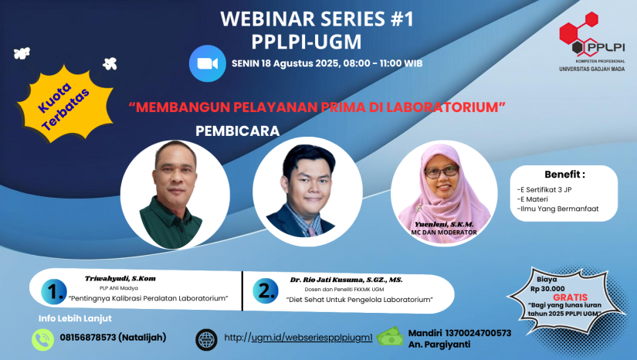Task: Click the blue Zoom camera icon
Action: pyautogui.click(x=207, y=63)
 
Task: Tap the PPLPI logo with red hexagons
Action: pyautogui.click(x=591, y=42)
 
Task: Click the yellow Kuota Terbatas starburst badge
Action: pyautogui.click(x=64, y=104)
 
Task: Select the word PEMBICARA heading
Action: pyautogui.click(x=238, y=131)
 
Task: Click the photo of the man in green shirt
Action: pyautogui.click(x=175, y=195)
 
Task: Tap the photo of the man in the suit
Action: pyautogui.click(x=307, y=192)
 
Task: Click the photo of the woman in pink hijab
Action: pyautogui.click(x=444, y=192)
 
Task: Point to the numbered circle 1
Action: pyautogui.click(x=54, y=292)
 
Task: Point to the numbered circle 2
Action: pyautogui.click(x=266, y=291)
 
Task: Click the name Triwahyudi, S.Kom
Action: pyautogui.click(x=120, y=279)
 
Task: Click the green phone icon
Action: pyautogui.click(x=43, y=339)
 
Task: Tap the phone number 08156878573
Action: pyautogui.click(x=88, y=338)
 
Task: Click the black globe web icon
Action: pyautogui.click(x=206, y=339)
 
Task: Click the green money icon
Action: pyautogui.click(x=390, y=336)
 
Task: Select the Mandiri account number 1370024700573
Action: pyautogui.click(x=478, y=333)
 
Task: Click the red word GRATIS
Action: pyautogui.click(x=571, y=297)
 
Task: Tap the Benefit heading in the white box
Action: pyautogui.click(x=564, y=175)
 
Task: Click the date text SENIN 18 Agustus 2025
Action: pyautogui.click(x=285, y=63)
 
